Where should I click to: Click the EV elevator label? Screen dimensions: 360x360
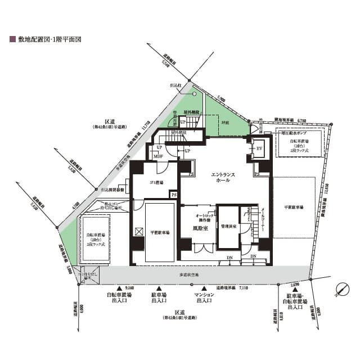[259, 148]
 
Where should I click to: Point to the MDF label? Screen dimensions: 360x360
[158, 156]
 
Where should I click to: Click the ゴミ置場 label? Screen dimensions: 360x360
[156, 182]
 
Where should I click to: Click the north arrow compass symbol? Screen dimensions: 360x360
[341, 290]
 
